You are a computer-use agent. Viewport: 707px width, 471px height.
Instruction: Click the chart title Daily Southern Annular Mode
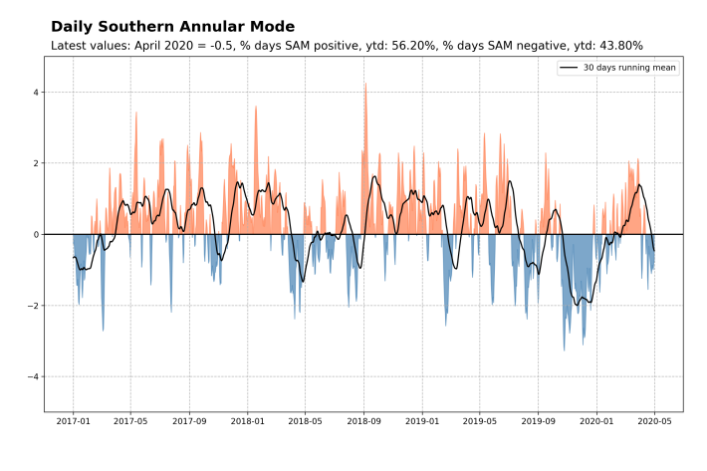(172, 27)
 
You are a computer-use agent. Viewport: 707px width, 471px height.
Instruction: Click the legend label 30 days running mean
(629, 67)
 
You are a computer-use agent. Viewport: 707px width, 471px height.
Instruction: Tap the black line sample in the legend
(569, 67)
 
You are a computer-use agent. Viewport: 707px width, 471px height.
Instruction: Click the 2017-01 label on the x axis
(73, 421)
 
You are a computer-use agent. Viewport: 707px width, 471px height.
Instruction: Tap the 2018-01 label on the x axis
(247, 421)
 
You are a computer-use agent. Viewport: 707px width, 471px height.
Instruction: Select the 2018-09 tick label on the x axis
(363, 421)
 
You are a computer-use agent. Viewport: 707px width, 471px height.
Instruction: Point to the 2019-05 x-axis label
(480, 421)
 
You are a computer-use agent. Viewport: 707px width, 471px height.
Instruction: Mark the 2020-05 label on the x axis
(654, 421)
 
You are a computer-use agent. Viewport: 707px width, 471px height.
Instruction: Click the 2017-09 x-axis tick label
(189, 421)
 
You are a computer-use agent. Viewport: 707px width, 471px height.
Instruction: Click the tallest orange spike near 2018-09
(365, 85)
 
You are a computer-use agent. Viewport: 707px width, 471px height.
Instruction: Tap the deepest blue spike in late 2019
(564, 349)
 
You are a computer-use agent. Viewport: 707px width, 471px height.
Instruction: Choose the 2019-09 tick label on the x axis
(538, 421)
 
